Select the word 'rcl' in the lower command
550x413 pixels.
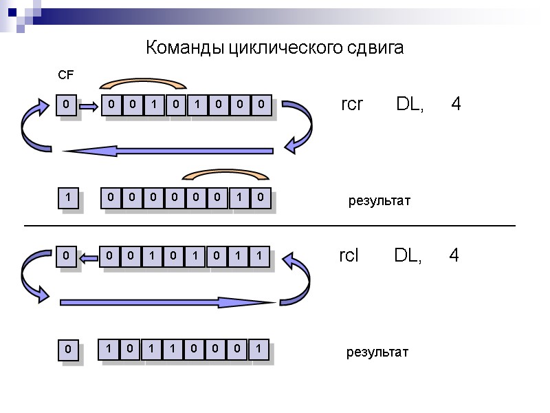[349, 255]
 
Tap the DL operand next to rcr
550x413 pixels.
[410, 105]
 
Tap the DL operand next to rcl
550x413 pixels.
[408, 255]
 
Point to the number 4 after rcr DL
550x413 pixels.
[456, 105]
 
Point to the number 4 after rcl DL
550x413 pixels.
[454, 255]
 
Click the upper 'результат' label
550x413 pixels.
[379, 201]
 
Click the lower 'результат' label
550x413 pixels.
[377, 352]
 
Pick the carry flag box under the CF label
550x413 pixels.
[66, 105]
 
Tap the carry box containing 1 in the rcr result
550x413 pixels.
[67, 198]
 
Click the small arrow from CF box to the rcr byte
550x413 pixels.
[89, 106]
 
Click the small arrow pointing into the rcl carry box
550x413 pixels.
[88, 257]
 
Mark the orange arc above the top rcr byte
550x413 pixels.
[143, 84]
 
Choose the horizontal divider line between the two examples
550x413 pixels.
[269, 225]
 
